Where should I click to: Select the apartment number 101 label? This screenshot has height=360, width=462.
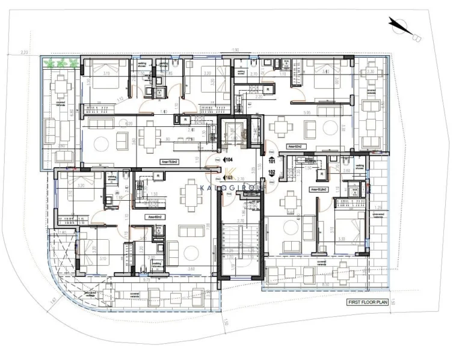272,161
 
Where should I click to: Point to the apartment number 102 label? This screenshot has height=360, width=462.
272,172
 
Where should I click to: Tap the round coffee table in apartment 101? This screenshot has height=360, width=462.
330,127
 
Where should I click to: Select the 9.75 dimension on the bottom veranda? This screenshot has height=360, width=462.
147,280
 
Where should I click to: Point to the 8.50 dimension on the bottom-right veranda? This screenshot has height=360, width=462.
325,284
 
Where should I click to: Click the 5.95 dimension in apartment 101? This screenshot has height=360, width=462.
307,112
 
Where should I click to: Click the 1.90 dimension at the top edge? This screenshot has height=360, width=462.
236,50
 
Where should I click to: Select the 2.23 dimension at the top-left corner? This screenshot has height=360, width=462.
24,53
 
